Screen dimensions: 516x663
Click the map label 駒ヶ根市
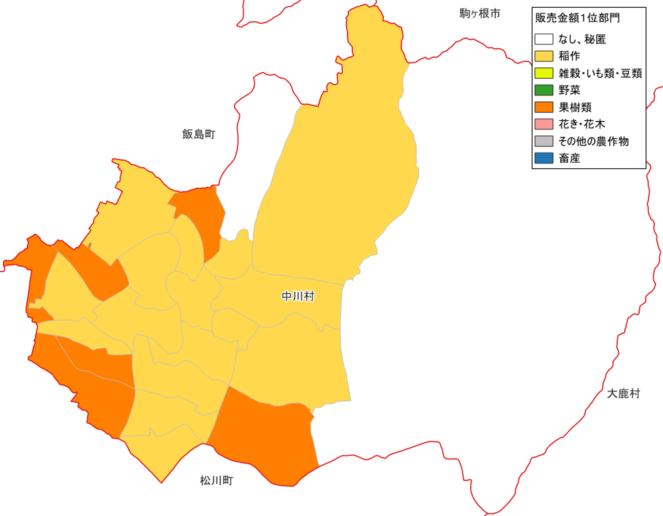click(x=480, y=14)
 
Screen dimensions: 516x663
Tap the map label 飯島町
click(x=199, y=134)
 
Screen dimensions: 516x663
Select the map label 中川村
click(x=298, y=296)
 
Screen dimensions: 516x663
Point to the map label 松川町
click(x=216, y=480)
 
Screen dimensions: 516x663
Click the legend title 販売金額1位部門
click(x=577, y=18)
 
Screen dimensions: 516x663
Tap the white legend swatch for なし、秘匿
click(x=544, y=39)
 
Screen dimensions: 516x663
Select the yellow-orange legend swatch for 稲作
click(x=544, y=56)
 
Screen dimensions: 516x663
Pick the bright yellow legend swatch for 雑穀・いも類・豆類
click(x=544, y=73)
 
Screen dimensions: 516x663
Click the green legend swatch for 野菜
click(x=544, y=90)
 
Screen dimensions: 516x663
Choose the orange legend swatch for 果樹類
click(x=544, y=107)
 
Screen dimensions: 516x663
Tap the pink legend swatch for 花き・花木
click(x=544, y=124)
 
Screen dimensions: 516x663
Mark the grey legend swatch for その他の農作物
click(x=544, y=141)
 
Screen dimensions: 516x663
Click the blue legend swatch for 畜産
click(x=544, y=158)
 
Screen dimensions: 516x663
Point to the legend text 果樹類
click(x=575, y=107)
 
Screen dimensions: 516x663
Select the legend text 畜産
click(x=569, y=158)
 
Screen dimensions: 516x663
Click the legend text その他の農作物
click(x=593, y=141)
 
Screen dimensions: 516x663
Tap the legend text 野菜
click(x=569, y=90)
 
